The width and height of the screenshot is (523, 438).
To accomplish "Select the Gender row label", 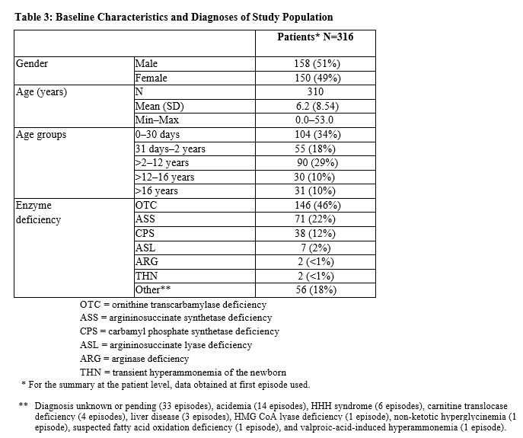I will pos(32,64).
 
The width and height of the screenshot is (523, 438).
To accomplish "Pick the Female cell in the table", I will pos(151,78).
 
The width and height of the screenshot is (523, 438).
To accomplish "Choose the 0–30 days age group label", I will pos(158,135).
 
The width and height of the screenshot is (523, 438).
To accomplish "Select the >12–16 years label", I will pos(164,177).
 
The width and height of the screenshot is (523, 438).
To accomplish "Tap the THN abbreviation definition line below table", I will pos(183,372).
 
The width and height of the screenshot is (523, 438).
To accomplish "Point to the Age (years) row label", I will pos(41,92).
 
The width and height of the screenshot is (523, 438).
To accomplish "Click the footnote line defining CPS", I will pos(179,331).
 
